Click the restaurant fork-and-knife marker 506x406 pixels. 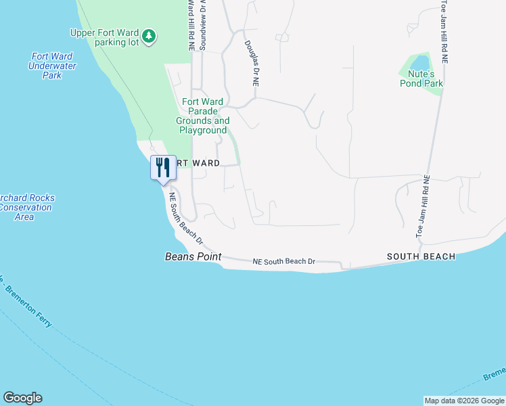coord(163,168)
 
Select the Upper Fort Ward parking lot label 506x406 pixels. coord(105,37)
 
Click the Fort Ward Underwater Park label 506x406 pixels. coord(52,66)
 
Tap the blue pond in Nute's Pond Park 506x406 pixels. coord(419,65)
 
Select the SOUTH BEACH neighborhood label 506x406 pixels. coord(421,257)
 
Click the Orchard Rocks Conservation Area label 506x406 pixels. coord(25,207)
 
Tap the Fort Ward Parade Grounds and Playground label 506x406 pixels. coord(202,116)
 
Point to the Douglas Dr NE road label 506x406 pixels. coord(252,63)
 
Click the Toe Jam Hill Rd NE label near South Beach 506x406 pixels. coord(423,206)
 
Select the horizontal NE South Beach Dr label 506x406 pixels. coord(284,261)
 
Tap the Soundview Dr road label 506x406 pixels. coord(202,25)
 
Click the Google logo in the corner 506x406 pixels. coord(22,398)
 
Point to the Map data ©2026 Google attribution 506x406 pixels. coord(464,401)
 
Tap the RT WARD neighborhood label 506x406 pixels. coord(198,163)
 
